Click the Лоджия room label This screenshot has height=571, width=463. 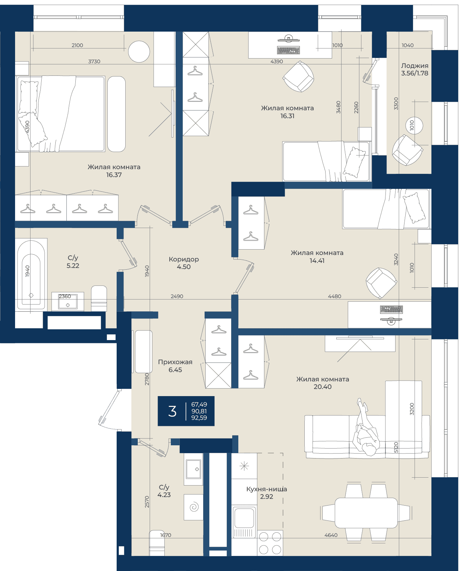click(x=415, y=66)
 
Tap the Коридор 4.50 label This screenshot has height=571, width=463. click(x=184, y=263)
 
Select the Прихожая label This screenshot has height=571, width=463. click(x=175, y=362)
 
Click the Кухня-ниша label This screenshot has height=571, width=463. click(x=267, y=489)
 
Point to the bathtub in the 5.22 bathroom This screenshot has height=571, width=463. click(x=31, y=274)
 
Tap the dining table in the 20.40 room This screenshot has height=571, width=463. click(x=366, y=513)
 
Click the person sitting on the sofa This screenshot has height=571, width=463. click(x=366, y=428)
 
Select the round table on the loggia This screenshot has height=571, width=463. click(x=414, y=125)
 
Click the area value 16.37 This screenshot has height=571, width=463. click(x=114, y=175)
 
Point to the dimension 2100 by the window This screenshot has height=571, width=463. click(x=77, y=45)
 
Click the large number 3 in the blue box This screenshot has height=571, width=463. click(x=172, y=411)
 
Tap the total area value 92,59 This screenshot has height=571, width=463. click(x=199, y=418)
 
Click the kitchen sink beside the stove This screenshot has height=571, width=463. click(x=244, y=519)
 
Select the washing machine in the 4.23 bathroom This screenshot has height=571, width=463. click(x=193, y=507)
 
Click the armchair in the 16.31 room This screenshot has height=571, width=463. click(x=299, y=76)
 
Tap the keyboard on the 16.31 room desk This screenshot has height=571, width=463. click(x=288, y=50)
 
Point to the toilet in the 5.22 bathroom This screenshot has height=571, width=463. click(x=99, y=298)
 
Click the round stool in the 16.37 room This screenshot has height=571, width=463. click(x=139, y=52)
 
